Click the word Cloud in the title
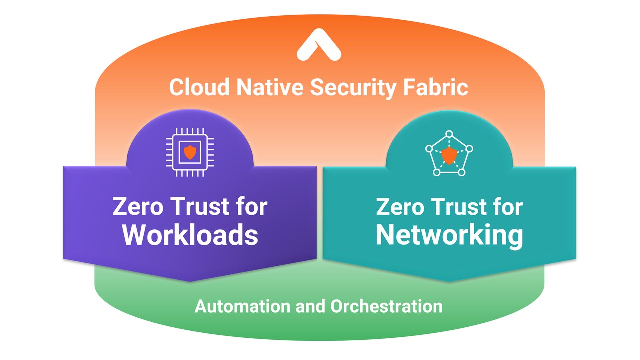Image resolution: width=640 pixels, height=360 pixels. pos(199,87)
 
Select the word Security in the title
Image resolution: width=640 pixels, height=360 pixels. pos(353,88)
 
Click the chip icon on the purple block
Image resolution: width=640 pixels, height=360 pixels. pos(190,152)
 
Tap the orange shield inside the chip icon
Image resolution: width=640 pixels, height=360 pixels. pos(190,152)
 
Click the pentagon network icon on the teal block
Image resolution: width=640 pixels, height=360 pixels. pos(449,153)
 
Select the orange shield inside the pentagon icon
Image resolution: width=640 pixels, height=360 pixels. pos(449,156)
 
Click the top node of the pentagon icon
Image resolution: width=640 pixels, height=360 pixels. pos(449,134)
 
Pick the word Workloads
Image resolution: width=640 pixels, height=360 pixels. pos(190,235)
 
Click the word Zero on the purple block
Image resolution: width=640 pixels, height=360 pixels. pos(138,206)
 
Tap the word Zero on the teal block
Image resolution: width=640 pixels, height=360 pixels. pos(400,207)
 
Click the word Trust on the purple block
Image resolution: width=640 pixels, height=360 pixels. pos(201,206)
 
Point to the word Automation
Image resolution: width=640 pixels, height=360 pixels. pos(243,306)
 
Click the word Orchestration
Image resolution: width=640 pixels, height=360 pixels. pos(386,306)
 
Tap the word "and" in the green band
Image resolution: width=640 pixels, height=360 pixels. pos(311,306)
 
